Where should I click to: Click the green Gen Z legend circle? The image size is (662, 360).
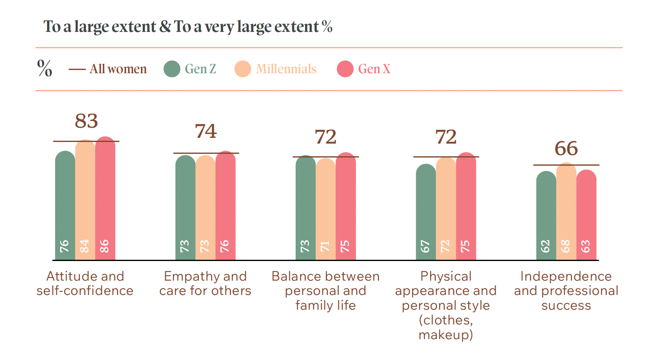(172, 69)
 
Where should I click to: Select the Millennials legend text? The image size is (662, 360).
(286, 69)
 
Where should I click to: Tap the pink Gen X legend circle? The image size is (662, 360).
(345, 69)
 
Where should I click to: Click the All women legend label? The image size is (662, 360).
(118, 69)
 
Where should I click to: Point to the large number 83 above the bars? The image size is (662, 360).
(86, 121)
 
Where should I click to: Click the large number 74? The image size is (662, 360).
(206, 131)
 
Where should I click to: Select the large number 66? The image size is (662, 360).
(566, 148)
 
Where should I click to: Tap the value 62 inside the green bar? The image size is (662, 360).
(545, 246)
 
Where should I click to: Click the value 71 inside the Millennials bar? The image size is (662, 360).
(325, 246)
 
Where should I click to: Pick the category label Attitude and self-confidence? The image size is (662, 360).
(85, 283)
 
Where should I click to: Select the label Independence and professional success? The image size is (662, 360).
(566, 290)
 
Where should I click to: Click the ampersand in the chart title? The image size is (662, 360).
(165, 27)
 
